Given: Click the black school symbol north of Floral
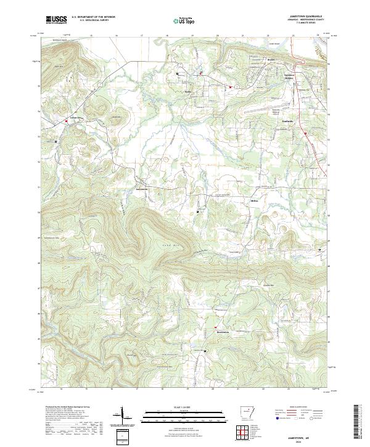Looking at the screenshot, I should pyautogui.click(x=178, y=74).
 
